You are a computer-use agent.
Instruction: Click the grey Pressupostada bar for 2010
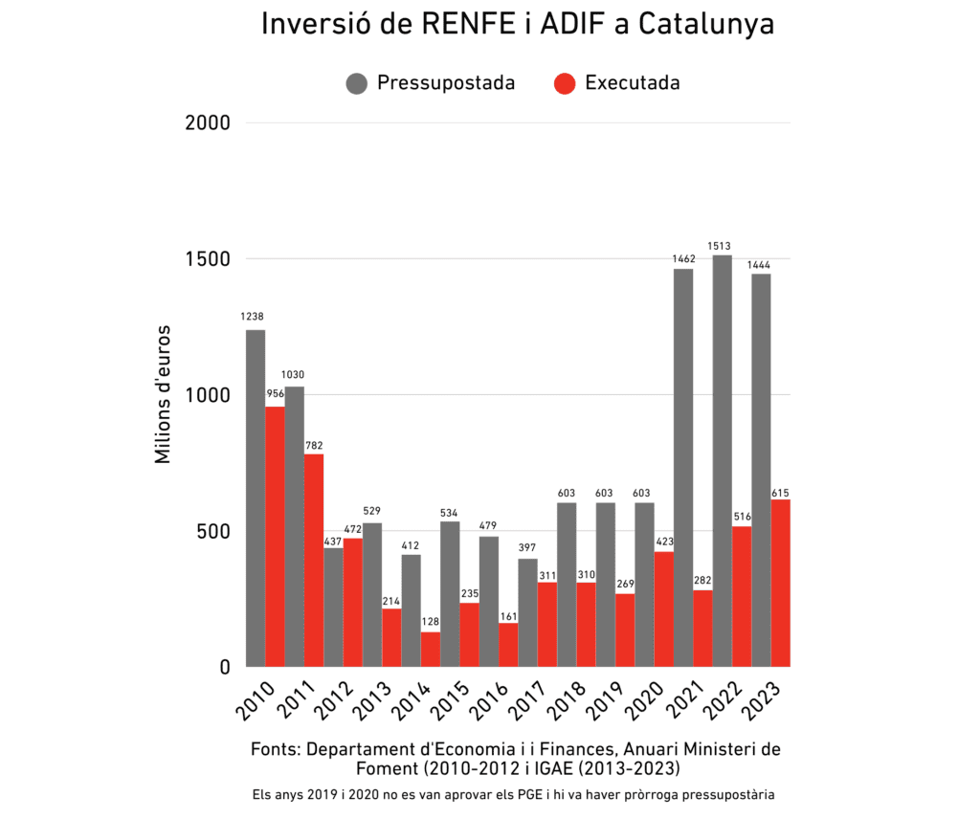[x=256, y=498]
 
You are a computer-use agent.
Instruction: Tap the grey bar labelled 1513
[x=722, y=460]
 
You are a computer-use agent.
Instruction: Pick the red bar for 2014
[x=431, y=649]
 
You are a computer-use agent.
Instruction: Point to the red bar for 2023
[x=780, y=583]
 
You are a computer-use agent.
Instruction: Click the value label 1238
[x=253, y=317]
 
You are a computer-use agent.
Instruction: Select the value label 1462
[x=682, y=255]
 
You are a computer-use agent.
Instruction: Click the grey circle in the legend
[x=357, y=83]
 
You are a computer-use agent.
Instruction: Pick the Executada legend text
[x=632, y=83]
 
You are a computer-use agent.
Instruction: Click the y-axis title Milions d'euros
[x=163, y=394]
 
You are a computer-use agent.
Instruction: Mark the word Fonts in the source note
[x=274, y=749]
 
